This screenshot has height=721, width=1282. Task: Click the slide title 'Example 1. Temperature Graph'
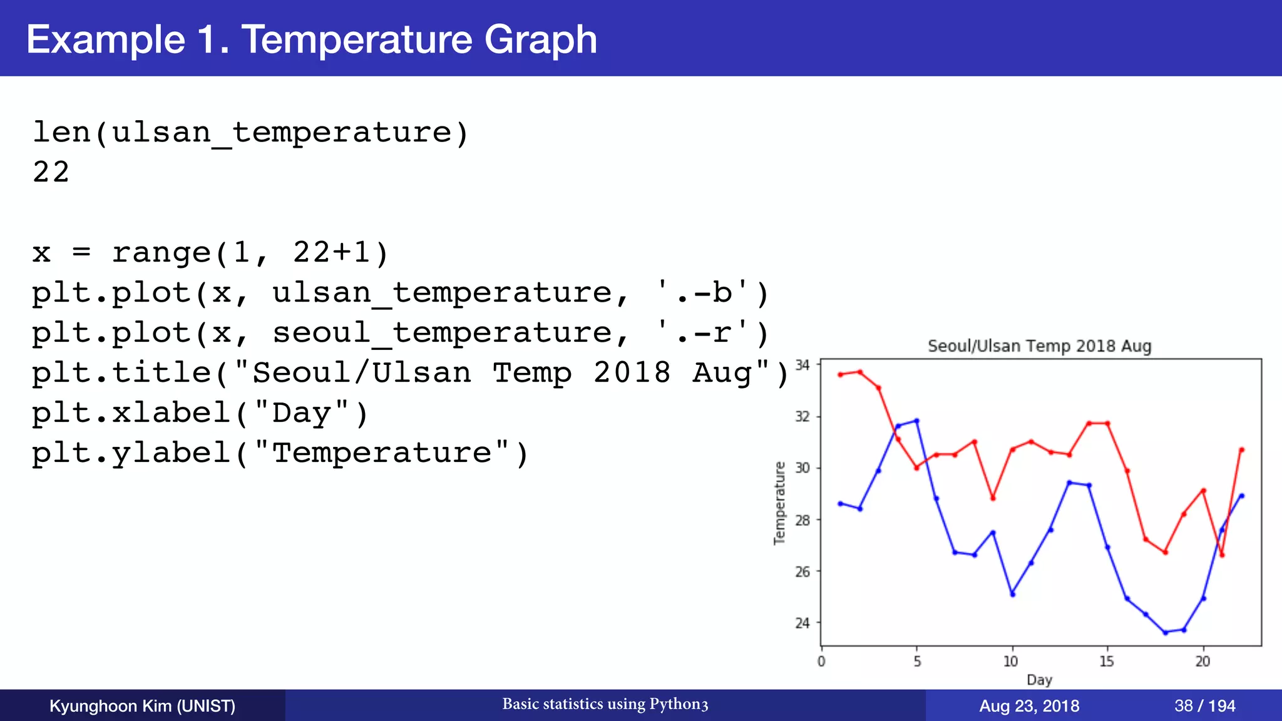(x=311, y=39)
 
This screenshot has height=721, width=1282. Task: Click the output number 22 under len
(x=51, y=172)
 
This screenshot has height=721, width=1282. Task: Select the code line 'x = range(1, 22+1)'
(x=210, y=253)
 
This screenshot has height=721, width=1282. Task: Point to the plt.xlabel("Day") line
(x=200, y=413)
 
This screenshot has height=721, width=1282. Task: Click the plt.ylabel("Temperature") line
(x=280, y=453)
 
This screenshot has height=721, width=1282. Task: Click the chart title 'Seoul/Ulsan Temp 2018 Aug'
(x=1039, y=346)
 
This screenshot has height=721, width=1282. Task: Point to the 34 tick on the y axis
(x=802, y=365)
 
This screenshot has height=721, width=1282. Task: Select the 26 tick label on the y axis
(x=802, y=571)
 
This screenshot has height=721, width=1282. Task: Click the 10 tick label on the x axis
(x=1010, y=662)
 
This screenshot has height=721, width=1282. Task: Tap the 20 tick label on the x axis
(x=1202, y=662)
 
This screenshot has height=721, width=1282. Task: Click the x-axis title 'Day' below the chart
(x=1039, y=680)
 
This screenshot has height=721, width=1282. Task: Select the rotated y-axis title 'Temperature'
(x=779, y=503)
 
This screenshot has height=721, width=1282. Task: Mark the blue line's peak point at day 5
(x=916, y=421)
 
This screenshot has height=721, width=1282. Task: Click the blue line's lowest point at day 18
(x=1165, y=632)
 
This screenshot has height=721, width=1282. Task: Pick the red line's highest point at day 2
(x=859, y=372)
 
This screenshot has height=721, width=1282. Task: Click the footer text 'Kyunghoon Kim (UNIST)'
(x=142, y=706)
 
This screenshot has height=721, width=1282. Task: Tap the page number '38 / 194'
(x=1204, y=706)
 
